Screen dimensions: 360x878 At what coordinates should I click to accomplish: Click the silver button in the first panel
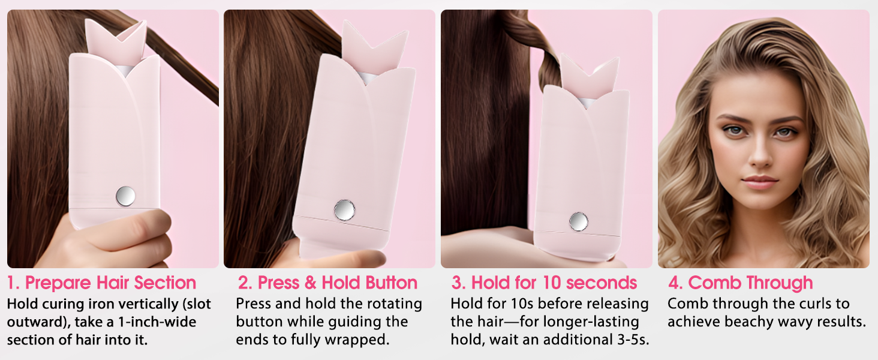click(x=125, y=195)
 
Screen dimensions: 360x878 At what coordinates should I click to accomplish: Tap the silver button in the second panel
click(x=344, y=209)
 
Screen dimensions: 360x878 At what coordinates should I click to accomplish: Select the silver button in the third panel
click(x=578, y=221)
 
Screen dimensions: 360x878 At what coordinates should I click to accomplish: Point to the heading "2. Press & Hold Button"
click(x=327, y=283)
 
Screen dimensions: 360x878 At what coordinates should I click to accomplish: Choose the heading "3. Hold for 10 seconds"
click(x=545, y=283)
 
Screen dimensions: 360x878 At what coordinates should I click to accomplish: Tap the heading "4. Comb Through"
click(x=741, y=283)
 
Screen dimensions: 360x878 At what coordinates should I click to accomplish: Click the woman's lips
click(x=760, y=182)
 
